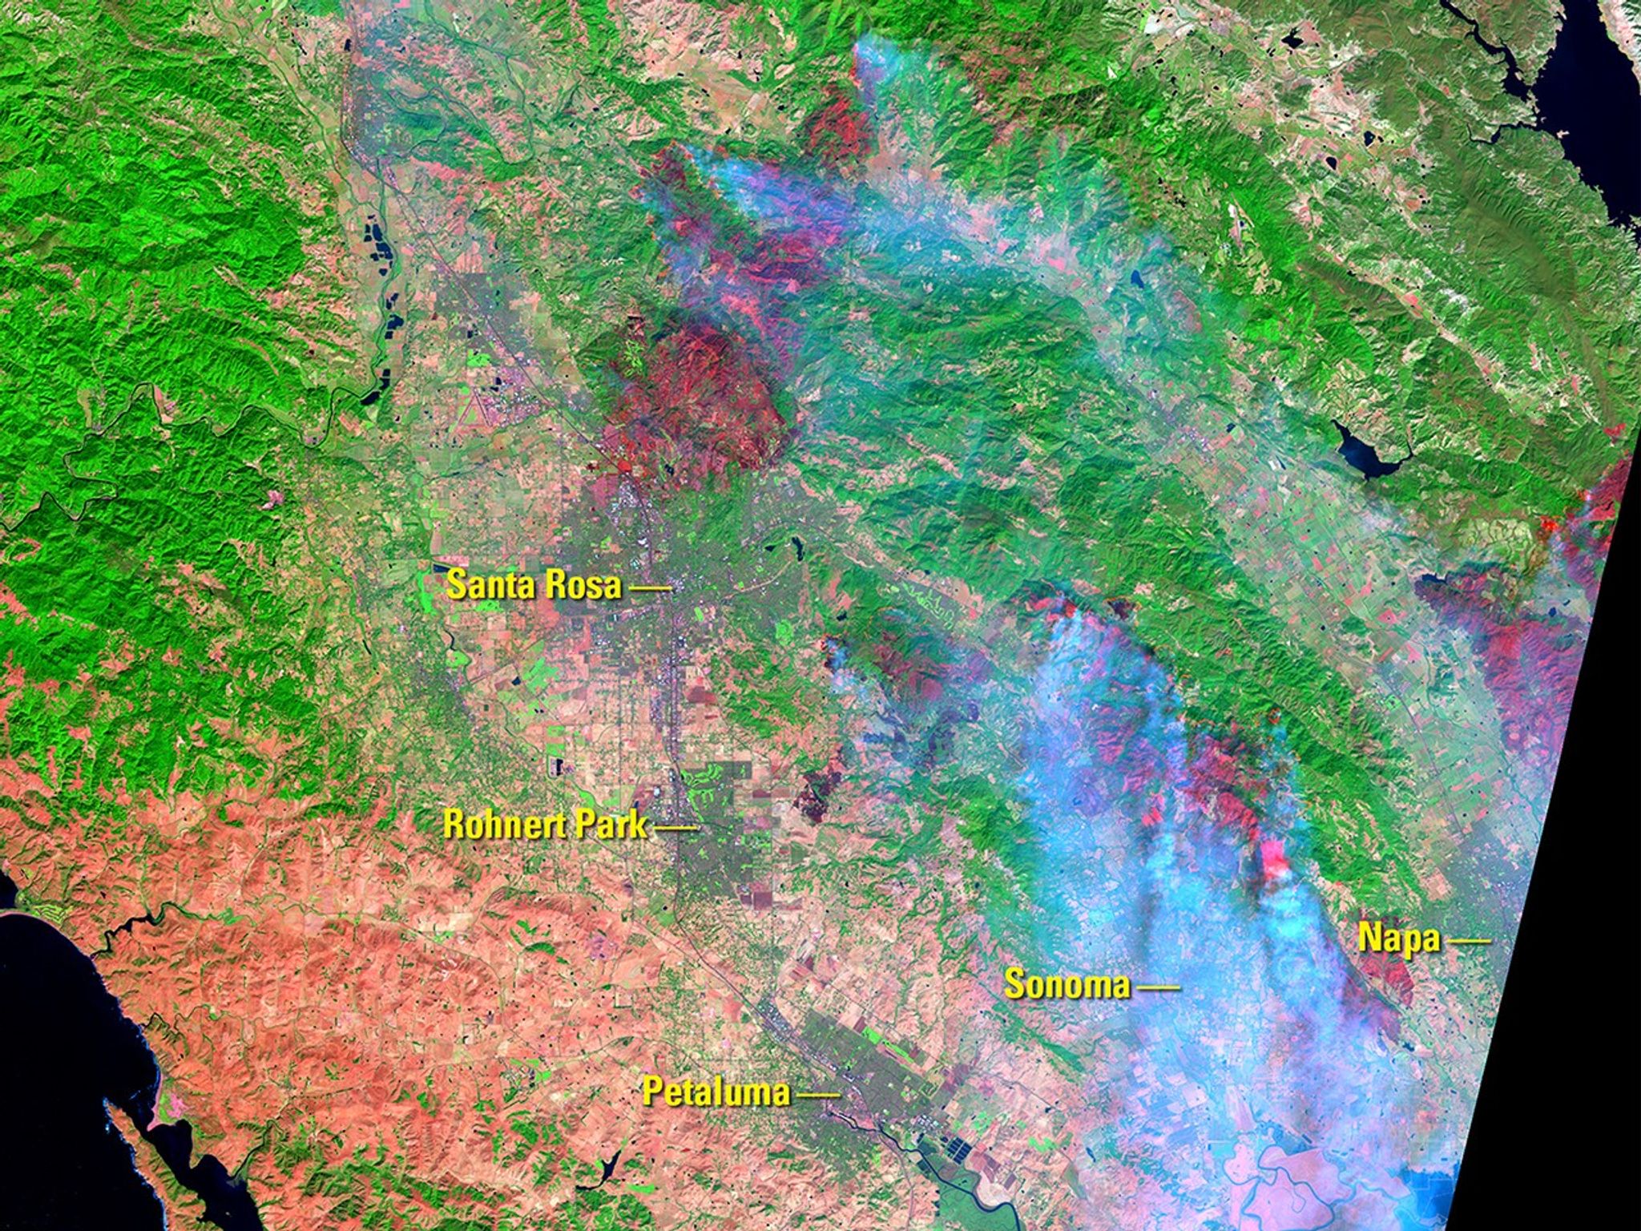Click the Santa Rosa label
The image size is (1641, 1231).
tap(534, 585)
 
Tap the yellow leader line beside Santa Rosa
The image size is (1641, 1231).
tap(650, 589)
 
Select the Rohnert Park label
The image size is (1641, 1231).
tap(546, 825)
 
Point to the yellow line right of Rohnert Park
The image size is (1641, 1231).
tap(676, 827)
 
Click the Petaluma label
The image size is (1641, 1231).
tap(716, 1091)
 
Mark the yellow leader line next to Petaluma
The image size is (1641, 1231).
tap(819, 1094)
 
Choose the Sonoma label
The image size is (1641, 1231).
tap(1067, 984)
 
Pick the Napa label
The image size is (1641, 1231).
tap(1398, 938)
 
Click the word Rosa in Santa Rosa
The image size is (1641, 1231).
tap(582, 585)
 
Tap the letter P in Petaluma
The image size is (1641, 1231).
tap(652, 1091)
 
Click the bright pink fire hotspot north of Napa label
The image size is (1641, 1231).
tap(1275, 858)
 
